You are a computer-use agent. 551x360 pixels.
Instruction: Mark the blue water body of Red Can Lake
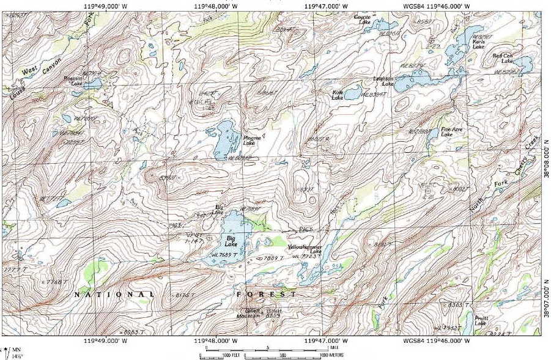[x=523, y=63]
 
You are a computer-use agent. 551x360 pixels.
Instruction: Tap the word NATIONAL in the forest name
[x=114, y=295]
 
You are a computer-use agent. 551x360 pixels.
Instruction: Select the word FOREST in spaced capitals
[x=267, y=294]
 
